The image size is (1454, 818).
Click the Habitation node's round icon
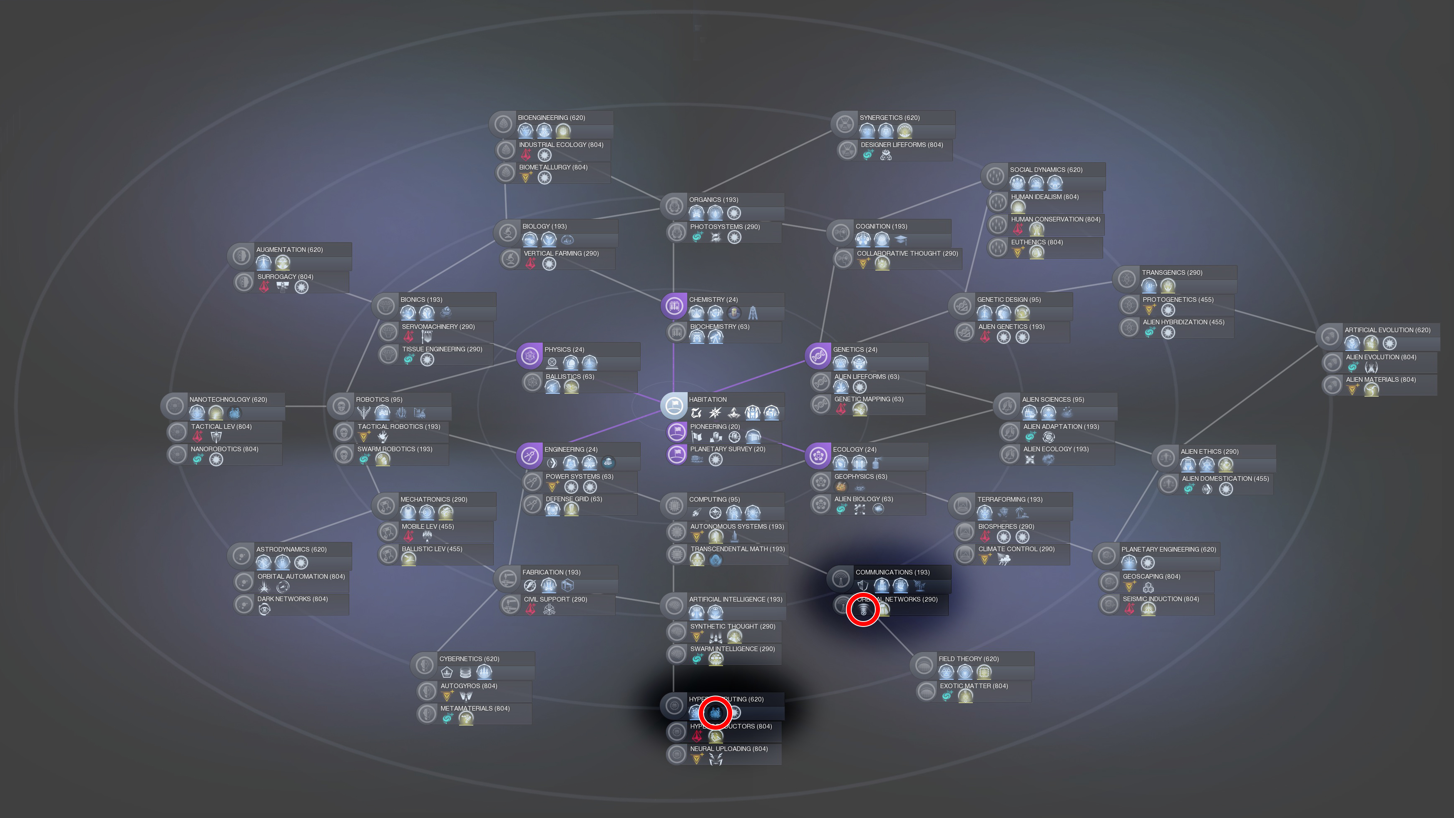(x=674, y=406)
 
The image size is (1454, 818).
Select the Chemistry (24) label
(x=713, y=300)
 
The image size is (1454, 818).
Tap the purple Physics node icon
(x=529, y=356)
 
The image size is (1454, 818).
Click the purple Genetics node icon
(x=818, y=356)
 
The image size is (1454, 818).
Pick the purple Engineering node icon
(x=529, y=455)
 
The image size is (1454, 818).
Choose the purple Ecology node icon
(x=818, y=455)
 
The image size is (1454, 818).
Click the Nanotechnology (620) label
(x=228, y=400)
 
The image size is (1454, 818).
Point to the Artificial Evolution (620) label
(x=1387, y=330)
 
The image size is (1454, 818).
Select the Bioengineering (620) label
(x=551, y=118)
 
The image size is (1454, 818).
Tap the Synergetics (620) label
(x=889, y=118)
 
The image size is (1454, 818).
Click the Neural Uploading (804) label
(x=728, y=749)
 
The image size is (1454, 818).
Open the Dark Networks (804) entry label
(x=292, y=599)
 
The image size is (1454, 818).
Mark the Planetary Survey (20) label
(x=727, y=449)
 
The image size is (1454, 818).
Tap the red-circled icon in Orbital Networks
(x=863, y=610)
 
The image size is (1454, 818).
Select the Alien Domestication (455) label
(x=1225, y=479)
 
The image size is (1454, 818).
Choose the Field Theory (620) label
(x=968, y=659)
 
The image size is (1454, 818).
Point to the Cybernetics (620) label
(x=469, y=659)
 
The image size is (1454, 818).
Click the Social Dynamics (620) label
(x=1046, y=170)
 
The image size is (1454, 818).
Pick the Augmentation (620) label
(x=289, y=249)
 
